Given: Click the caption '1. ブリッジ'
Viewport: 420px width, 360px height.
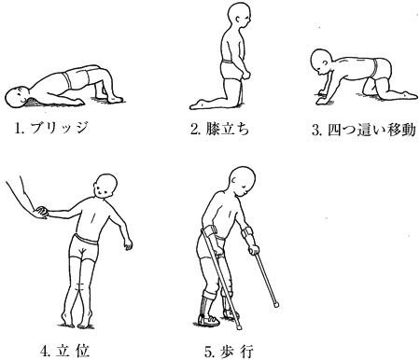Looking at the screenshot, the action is click(x=51, y=128).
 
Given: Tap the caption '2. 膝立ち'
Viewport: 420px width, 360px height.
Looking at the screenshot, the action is click(x=220, y=129).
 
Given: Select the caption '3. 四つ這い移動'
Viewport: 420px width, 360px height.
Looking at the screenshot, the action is click(x=364, y=131).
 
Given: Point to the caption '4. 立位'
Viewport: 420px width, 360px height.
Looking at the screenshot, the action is click(x=65, y=351).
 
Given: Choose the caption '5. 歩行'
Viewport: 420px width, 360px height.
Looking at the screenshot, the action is click(x=229, y=352).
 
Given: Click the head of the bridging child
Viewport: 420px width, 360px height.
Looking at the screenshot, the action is click(x=17, y=97).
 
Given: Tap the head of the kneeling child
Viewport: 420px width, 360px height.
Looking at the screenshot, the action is click(x=239, y=15).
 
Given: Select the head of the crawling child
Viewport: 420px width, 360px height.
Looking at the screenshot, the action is click(x=321, y=63).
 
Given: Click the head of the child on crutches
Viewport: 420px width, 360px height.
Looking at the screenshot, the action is click(x=243, y=181).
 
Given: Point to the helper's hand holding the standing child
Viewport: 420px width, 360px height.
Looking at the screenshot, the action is click(x=40, y=213).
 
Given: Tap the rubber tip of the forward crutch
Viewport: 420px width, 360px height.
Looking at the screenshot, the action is click(x=275, y=304).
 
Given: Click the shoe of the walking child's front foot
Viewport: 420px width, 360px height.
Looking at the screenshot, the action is click(x=209, y=321).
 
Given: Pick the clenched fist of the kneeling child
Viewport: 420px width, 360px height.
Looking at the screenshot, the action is click(x=245, y=75).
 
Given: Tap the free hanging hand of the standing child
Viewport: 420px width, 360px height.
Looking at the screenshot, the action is click(x=128, y=243).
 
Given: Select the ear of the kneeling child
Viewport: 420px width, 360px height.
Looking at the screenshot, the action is click(x=237, y=20).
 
